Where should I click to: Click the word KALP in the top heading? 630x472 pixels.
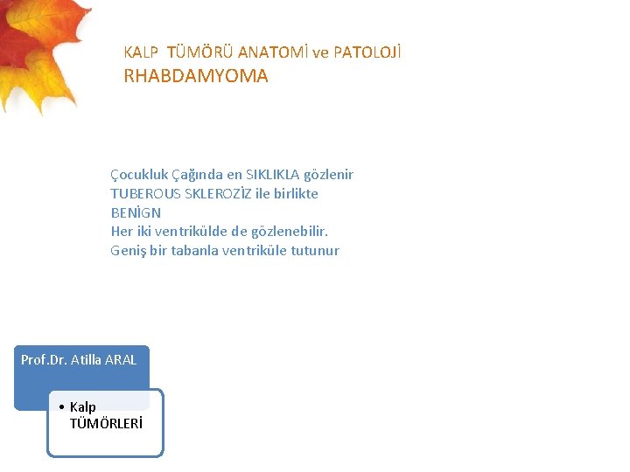(141, 52)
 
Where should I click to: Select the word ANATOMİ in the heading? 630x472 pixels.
(272, 52)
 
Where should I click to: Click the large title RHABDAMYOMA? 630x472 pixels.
(196, 76)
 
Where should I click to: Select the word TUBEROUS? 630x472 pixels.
(143, 194)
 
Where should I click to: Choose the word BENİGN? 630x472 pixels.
(136, 213)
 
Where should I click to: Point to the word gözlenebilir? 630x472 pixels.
(292, 232)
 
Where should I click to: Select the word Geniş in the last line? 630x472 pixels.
(128, 251)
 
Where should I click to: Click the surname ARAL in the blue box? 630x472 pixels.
(121, 359)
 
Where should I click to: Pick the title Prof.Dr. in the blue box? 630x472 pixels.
(43, 359)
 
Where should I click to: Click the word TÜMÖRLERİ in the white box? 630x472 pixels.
(106, 424)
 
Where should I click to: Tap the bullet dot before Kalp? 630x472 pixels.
(61, 407)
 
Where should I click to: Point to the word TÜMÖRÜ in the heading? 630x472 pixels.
(200, 52)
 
